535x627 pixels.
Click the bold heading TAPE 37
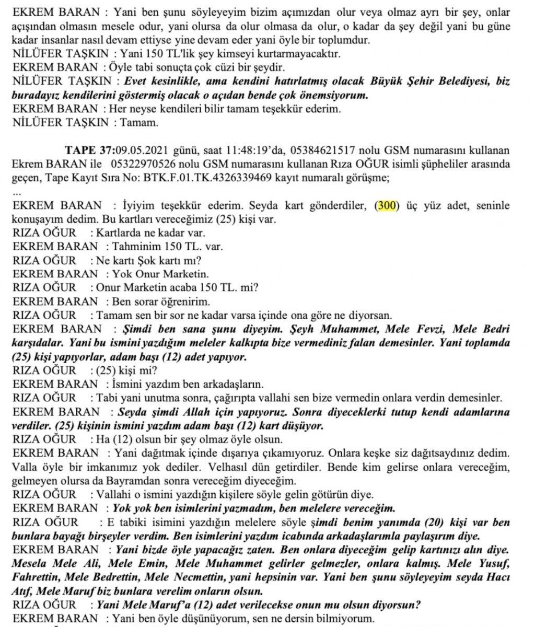[87, 150]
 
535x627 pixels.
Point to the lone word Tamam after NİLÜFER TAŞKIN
[136, 123]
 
